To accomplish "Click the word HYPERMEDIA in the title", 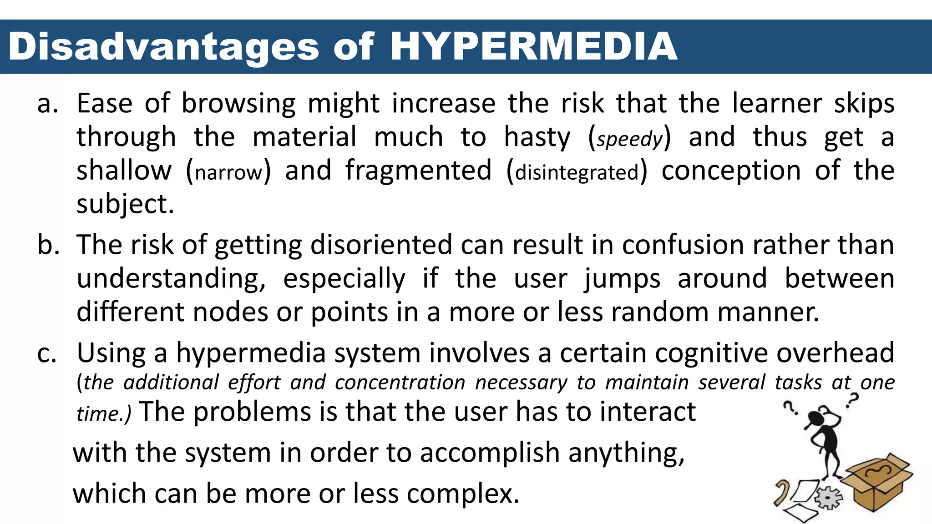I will click(x=533, y=46).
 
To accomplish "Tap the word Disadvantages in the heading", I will click(x=164, y=47).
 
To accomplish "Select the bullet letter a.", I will click(x=47, y=104).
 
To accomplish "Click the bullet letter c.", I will click(x=47, y=353).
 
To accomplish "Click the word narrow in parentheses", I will click(x=228, y=172).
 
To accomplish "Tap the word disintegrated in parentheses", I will click(x=577, y=172).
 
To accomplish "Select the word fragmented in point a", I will click(x=418, y=171).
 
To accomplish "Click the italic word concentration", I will click(x=400, y=383).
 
